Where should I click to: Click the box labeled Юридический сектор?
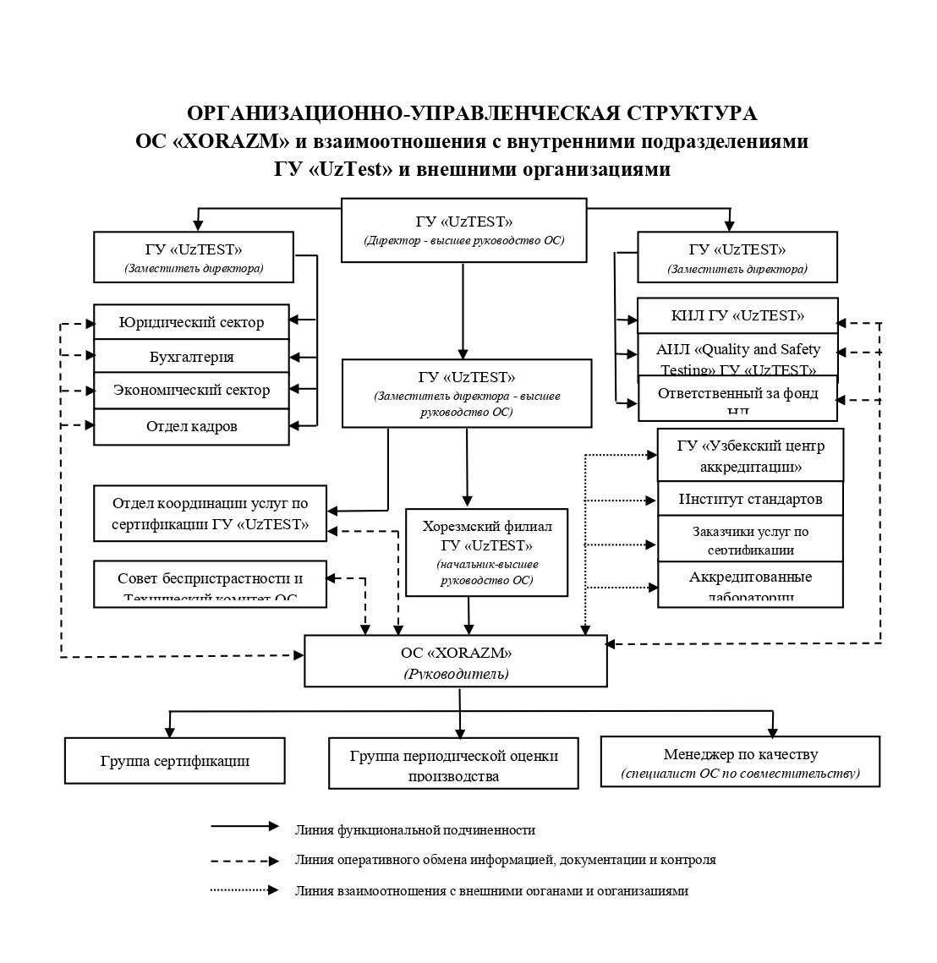coord(191,322)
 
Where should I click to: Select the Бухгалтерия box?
coord(191,356)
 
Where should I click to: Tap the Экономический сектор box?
coord(191,390)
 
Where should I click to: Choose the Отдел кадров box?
coord(191,426)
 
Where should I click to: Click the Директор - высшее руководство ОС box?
coord(463,230)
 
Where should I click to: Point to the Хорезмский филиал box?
coord(486,552)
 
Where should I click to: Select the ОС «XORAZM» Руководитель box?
coord(456,661)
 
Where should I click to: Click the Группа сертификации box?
coord(174,760)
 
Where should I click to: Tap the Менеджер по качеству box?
coord(740,762)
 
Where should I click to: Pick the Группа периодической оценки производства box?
coord(453,763)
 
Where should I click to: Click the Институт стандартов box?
coord(750,499)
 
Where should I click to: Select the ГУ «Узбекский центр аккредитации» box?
coord(750,455)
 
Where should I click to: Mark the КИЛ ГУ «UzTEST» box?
coord(737,315)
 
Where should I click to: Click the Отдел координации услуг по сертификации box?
coord(211,513)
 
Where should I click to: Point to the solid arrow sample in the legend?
coord(244,826)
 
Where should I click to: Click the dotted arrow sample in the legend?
coord(244,889)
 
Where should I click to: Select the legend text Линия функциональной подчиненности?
coord(415,830)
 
